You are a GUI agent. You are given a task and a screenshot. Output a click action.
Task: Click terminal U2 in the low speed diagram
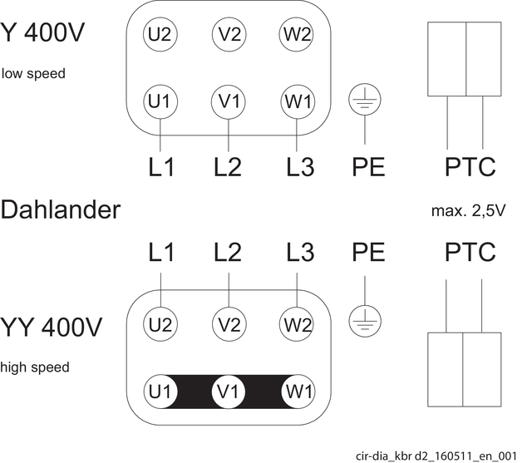[x=160, y=34]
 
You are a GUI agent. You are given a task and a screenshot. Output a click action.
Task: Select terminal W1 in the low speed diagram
[x=298, y=101]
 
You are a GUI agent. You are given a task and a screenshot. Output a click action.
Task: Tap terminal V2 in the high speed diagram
[x=229, y=324]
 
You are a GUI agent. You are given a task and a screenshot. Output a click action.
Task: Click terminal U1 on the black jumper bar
[x=160, y=392]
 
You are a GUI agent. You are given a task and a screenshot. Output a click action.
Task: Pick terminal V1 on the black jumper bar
[x=229, y=392]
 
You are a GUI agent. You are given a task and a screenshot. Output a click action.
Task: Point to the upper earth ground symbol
[x=365, y=100]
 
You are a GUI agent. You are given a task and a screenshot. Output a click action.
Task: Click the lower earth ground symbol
[x=365, y=321]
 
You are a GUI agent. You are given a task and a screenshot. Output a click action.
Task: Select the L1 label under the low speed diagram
[x=161, y=166]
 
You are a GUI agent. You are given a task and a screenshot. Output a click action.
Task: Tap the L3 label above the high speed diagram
[x=300, y=252]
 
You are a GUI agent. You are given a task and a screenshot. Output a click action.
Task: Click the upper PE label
[x=368, y=166]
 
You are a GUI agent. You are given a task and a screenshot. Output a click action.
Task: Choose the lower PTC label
[x=470, y=252]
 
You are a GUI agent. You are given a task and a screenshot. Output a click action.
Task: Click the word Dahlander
[x=61, y=209]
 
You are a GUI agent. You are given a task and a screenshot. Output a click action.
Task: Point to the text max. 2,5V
[x=468, y=211]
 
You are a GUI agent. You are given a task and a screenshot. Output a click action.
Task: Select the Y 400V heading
[x=42, y=32]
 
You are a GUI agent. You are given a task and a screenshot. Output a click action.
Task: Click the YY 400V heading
[x=51, y=327]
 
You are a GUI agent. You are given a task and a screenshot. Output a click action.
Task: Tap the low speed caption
[x=33, y=74]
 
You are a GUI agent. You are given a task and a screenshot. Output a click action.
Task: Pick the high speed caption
[x=35, y=367]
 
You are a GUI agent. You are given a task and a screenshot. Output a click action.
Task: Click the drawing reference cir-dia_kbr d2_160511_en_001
[x=436, y=456]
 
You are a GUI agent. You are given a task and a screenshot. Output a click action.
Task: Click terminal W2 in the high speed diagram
[x=296, y=324]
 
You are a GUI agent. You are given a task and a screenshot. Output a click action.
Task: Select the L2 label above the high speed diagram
[x=228, y=252]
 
